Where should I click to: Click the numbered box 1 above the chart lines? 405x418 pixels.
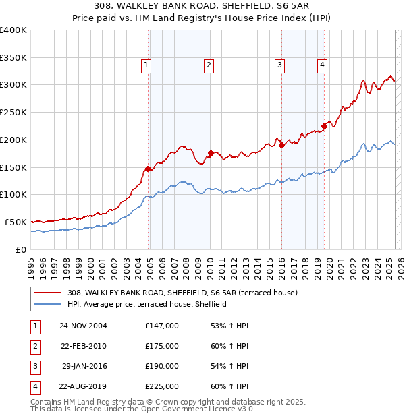(x=146, y=65)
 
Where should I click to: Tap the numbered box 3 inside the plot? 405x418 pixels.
(x=279, y=65)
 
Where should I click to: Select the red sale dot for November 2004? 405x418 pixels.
(x=148, y=168)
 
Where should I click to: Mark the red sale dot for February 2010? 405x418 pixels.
(x=211, y=153)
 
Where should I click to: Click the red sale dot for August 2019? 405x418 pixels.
(x=324, y=125)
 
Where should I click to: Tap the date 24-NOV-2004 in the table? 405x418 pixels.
(x=83, y=326)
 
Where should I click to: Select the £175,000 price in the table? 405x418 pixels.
(x=162, y=346)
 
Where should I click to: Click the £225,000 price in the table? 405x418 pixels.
(x=162, y=386)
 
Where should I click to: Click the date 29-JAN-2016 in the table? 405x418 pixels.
(x=84, y=366)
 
